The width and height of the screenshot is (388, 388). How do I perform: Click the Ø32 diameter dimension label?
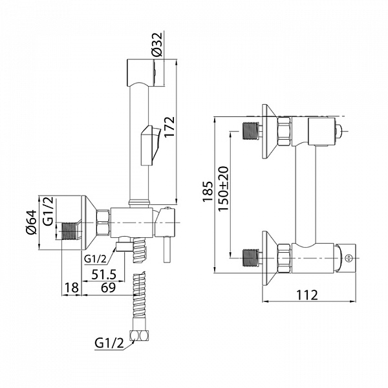tap(158, 45)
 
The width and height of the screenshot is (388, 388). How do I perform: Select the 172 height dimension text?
tap(169, 127)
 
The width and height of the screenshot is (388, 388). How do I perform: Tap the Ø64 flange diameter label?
tap(32, 222)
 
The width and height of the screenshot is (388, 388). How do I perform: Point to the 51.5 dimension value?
tap(103, 274)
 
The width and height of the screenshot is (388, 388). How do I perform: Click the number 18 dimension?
tap(72, 288)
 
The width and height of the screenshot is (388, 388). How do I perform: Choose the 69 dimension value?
tap(109, 288)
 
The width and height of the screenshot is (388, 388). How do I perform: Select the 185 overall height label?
tap(208, 192)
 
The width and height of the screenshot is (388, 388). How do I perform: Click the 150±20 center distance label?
tap(224, 189)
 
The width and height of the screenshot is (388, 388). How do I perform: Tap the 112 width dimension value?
tap(307, 295)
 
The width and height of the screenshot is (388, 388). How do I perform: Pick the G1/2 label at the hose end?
tap(109, 343)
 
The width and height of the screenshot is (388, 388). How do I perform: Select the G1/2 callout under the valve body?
tap(95, 259)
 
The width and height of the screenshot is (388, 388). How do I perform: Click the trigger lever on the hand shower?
tap(149, 145)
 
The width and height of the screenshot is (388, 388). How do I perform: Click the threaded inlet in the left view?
tap(70, 231)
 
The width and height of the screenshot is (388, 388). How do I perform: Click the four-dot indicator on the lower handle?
tap(348, 258)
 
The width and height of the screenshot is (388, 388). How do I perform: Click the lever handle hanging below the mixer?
tap(167, 249)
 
